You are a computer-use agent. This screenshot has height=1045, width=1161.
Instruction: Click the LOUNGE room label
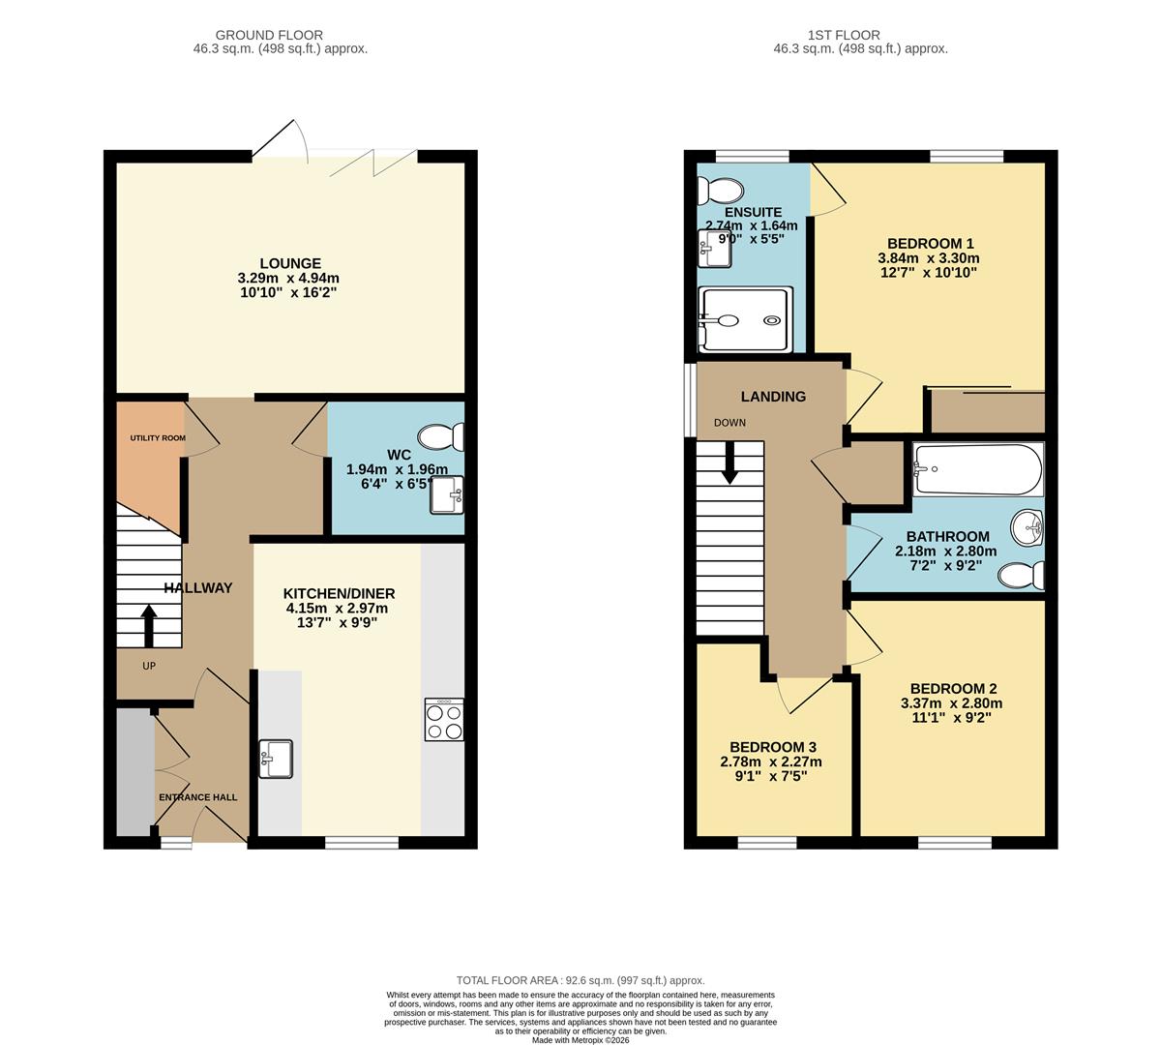pyautogui.click(x=290, y=263)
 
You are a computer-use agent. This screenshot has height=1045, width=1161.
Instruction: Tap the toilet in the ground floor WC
pyautogui.click(x=440, y=437)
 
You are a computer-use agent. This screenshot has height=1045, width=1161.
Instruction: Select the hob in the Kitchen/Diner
pyautogui.click(x=444, y=720)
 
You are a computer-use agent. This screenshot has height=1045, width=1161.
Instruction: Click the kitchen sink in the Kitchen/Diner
pyautogui.click(x=276, y=759)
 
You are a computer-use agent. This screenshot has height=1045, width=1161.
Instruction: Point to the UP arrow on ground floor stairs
pyautogui.click(x=149, y=625)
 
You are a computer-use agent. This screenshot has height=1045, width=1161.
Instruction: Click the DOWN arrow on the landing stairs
pyautogui.click(x=729, y=463)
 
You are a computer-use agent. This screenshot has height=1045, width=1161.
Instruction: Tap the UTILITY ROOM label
pyautogui.click(x=158, y=438)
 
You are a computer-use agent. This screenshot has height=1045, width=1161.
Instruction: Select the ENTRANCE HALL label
pyautogui.click(x=197, y=797)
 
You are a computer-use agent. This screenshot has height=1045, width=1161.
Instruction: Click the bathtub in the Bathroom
pyautogui.click(x=977, y=469)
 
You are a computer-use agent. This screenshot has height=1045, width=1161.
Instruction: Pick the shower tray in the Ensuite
pyautogui.click(x=746, y=319)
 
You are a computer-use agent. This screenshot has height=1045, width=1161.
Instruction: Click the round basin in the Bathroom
pyautogui.click(x=1027, y=528)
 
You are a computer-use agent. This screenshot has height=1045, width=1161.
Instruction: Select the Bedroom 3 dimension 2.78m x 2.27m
pyautogui.click(x=771, y=761)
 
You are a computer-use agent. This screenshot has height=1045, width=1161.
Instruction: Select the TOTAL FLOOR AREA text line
pyautogui.click(x=580, y=980)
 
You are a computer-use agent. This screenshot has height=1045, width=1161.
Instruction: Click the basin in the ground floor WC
pyautogui.click(x=448, y=495)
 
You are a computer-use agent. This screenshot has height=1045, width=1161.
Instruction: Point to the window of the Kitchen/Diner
pyautogui.click(x=361, y=843)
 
